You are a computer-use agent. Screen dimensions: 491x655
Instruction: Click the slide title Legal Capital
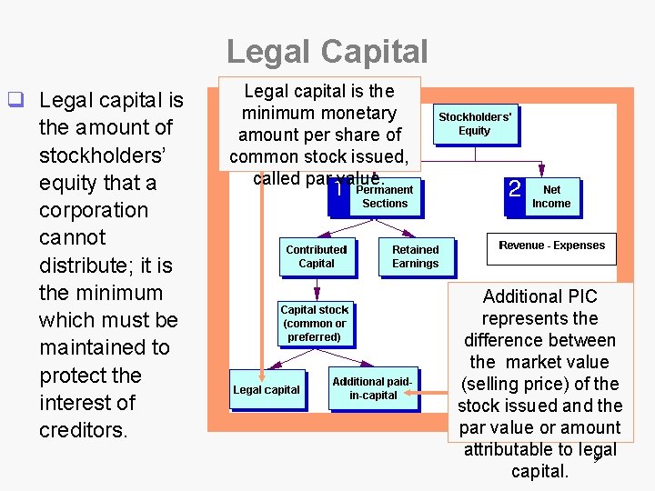click(x=327, y=51)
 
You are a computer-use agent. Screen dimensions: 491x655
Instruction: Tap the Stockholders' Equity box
click(x=475, y=124)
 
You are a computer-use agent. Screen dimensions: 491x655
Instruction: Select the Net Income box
click(x=551, y=196)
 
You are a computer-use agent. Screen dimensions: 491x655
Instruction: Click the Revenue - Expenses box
click(x=551, y=245)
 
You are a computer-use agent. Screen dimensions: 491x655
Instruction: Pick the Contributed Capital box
click(x=317, y=256)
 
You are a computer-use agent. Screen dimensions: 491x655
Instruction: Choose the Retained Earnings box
click(x=415, y=256)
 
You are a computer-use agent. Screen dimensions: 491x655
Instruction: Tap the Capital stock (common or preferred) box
click(x=315, y=323)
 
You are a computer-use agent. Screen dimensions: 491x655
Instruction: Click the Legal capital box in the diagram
click(x=266, y=390)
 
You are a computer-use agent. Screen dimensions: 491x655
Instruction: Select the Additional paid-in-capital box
click(x=372, y=389)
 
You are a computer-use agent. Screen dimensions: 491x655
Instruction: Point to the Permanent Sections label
click(x=385, y=196)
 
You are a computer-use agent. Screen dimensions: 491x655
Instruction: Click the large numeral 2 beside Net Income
click(x=515, y=189)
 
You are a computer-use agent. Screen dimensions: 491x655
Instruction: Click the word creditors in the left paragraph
click(x=82, y=429)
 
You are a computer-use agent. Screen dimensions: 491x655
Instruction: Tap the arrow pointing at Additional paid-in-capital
click(x=433, y=394)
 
